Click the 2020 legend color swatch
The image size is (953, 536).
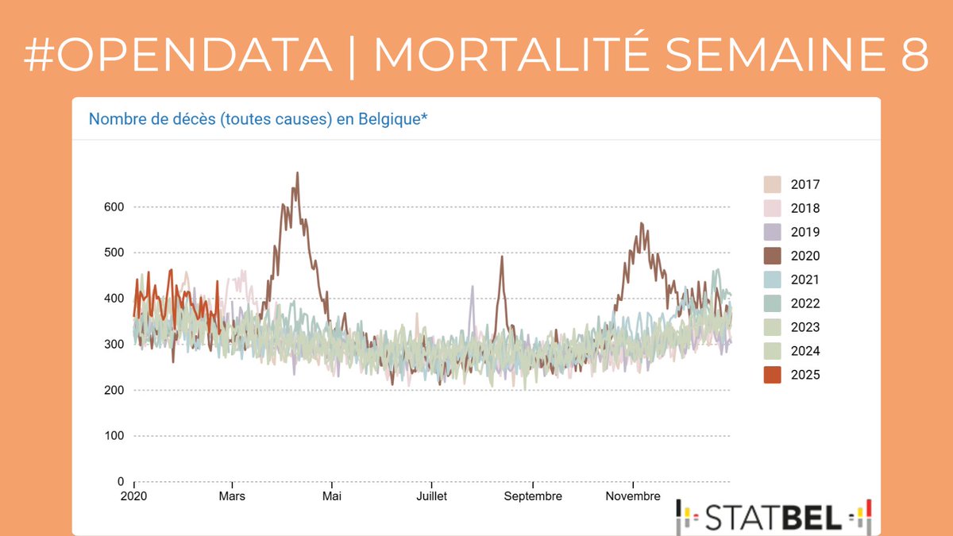[771, 256]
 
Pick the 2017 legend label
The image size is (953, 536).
[805, 184]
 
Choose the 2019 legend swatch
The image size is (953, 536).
[771, 232]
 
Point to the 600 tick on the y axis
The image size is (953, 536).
[114, 207]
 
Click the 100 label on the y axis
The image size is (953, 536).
[114, 436]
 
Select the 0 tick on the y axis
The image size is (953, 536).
[121, 481]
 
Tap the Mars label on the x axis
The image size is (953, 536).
[232, 496]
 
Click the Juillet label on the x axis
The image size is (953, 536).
[431, 496]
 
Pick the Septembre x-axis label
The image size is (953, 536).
[532, 496]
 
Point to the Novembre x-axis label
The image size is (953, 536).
[632, 496]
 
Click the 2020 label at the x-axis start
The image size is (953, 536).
[134, 496]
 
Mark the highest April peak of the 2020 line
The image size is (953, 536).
[297, 173]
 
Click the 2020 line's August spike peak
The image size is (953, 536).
[501, 256]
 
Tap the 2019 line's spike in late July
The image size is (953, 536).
[472, 287]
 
